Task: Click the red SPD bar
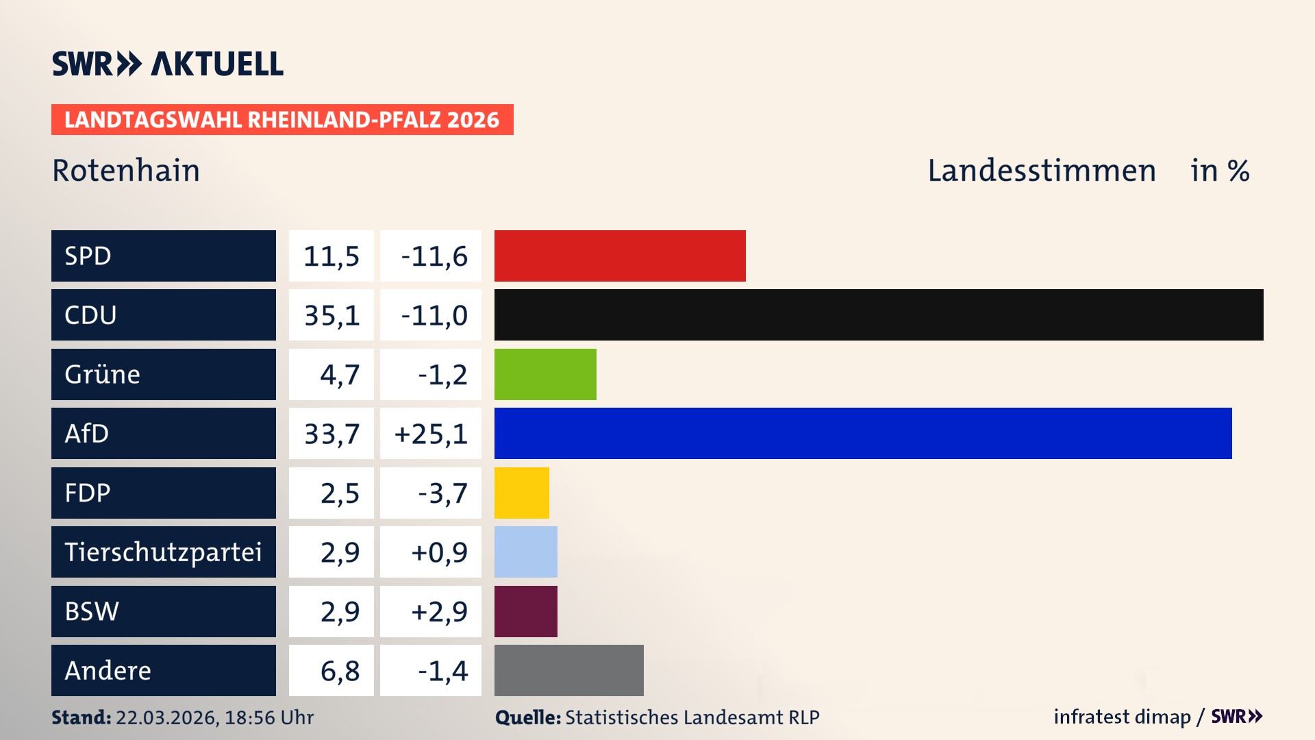coord(620,256)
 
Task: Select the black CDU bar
coord(879,315)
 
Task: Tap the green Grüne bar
coord(545,374)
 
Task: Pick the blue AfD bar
coord(863,433)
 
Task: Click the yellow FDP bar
coord(522,493)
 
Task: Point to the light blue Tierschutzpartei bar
coord(526,552)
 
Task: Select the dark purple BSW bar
coord(526,611)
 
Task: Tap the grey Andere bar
coord(569,670)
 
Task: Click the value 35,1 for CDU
coord(331,315)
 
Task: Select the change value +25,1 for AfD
coord(431,434)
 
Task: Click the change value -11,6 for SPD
coord(434,256)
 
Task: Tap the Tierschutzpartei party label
coord(163,552)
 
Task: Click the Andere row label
coord(108,670)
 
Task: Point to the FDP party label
coord(88,493)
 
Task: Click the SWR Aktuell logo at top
coord(167,64)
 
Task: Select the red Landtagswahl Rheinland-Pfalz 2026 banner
coord(282,120)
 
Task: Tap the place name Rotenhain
coord(126,171)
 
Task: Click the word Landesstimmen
coord(1041,171)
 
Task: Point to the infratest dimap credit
coord(1122,717)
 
